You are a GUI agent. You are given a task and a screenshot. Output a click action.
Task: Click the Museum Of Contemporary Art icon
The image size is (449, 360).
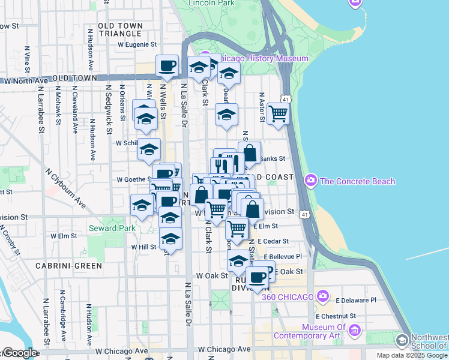tap(354, 330)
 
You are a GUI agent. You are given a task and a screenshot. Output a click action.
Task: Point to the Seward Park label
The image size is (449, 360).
tap(112, 228)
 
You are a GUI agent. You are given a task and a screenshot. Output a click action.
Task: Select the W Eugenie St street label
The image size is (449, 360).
tap(137, 44)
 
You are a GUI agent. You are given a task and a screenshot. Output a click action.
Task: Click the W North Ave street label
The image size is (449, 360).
tap(25, 80)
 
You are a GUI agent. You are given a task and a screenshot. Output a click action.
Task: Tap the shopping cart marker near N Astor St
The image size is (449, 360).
tap(278, 113)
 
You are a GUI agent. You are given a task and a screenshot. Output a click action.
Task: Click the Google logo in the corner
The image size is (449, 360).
tap(19, 353)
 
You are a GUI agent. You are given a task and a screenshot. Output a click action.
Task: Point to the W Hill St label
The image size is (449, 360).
tap(143, 247)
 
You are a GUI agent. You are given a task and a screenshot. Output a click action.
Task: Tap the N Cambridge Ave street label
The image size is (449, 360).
tap(61, 310)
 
